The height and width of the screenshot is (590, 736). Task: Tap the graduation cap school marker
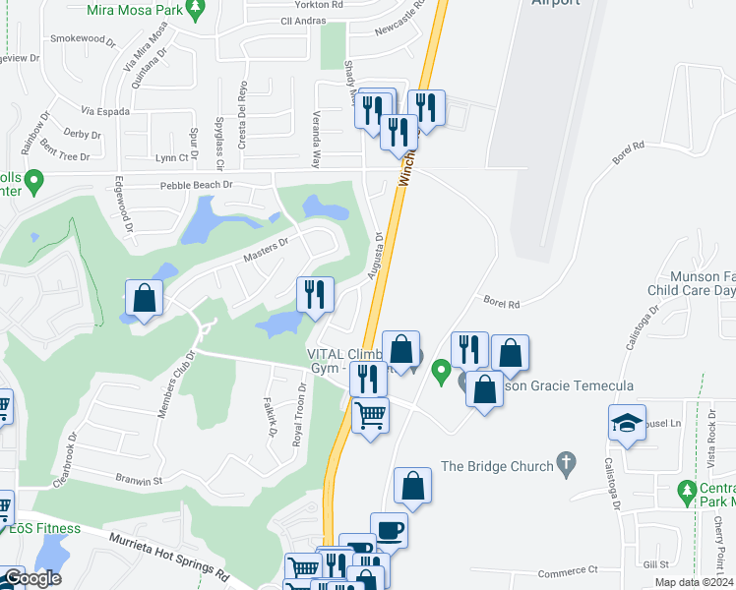pyautogui.click(x=627, y=423)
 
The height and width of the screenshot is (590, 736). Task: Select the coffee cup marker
pyautogui.click(x=389, y=531)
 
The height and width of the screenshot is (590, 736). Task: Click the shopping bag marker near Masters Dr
pyautogui.click(x=144, y=298)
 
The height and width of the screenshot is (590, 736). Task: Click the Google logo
pyautogui.click(x=32, y=578)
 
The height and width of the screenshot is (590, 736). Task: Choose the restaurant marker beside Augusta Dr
pyautogui.click(x=315, y=295)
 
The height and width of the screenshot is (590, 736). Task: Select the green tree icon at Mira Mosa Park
pyautogui.click(x=196, y=8)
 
